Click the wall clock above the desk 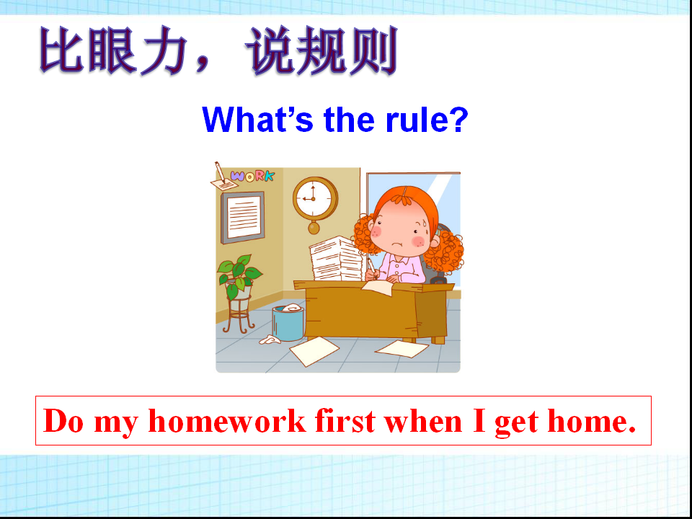315,200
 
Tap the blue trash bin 288,323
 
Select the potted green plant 239,277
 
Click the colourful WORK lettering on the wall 252,177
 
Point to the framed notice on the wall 242,217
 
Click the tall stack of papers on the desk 336,259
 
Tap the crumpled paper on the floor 270,340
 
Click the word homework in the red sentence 227,420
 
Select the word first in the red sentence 345,420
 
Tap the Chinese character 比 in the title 61,50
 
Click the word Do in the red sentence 63,420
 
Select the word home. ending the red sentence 592,420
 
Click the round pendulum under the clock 314,228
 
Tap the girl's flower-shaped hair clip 403,196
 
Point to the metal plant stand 239,314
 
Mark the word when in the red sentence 424,420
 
